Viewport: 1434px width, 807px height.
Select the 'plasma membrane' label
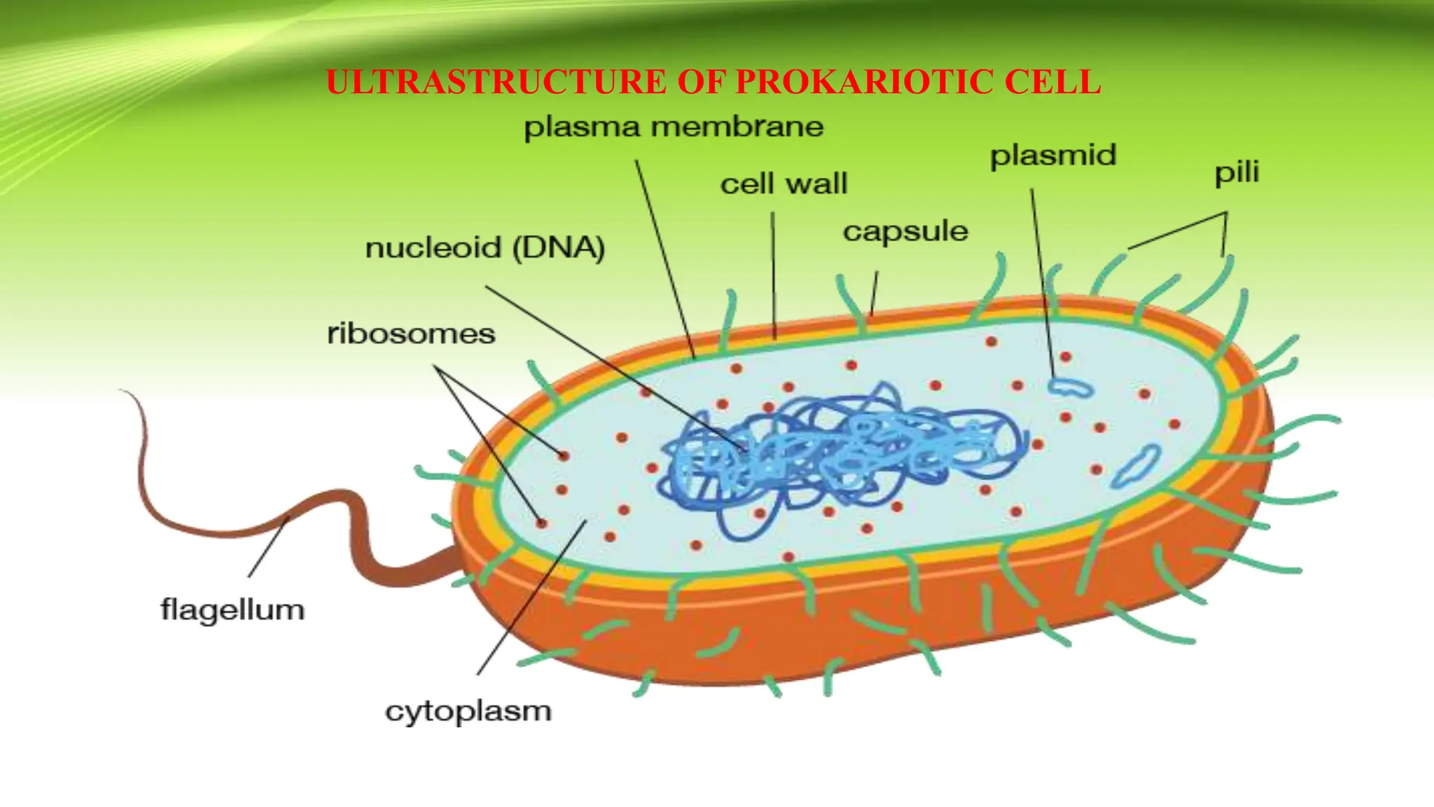(674, 127)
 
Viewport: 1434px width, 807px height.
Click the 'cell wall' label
(784, 184)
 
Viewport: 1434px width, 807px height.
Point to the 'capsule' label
(905, 231)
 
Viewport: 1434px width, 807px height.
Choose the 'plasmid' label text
(1052, 156)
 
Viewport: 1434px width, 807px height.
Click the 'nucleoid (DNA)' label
(485, 248)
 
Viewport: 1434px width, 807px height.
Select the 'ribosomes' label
(411, 333)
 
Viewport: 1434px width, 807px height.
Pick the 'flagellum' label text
(232, 609)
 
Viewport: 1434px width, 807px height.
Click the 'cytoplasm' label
(468, 711)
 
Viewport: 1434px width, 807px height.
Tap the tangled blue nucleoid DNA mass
(840, 455)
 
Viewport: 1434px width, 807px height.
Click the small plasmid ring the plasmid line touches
(1070, 387)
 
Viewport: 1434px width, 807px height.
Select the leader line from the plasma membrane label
(665, 259)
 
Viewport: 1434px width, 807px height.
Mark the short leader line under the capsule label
(874, 294)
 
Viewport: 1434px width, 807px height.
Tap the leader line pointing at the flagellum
(269, 547)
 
